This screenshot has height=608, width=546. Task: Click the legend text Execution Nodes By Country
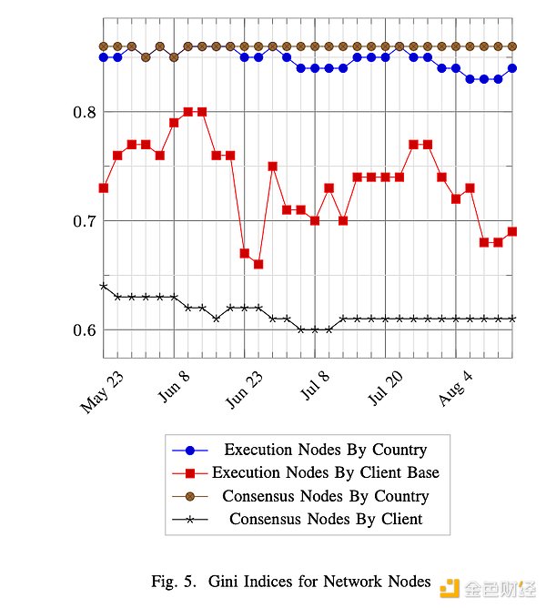pos(325,450)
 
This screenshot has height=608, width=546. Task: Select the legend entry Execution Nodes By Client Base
pos(325,472)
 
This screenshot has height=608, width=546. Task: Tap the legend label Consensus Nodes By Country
pos(325,496)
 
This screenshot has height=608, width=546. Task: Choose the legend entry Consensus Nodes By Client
pos(325,520)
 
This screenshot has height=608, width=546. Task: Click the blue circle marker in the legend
pos(189,450)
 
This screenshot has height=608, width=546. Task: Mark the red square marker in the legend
pos(189,472)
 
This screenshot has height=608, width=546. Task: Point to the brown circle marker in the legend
pos(189,496)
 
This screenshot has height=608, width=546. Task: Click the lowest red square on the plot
pos(258,264)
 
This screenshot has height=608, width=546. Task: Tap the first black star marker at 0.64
pos(104,286)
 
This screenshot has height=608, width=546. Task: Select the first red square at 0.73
pos(104,187)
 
